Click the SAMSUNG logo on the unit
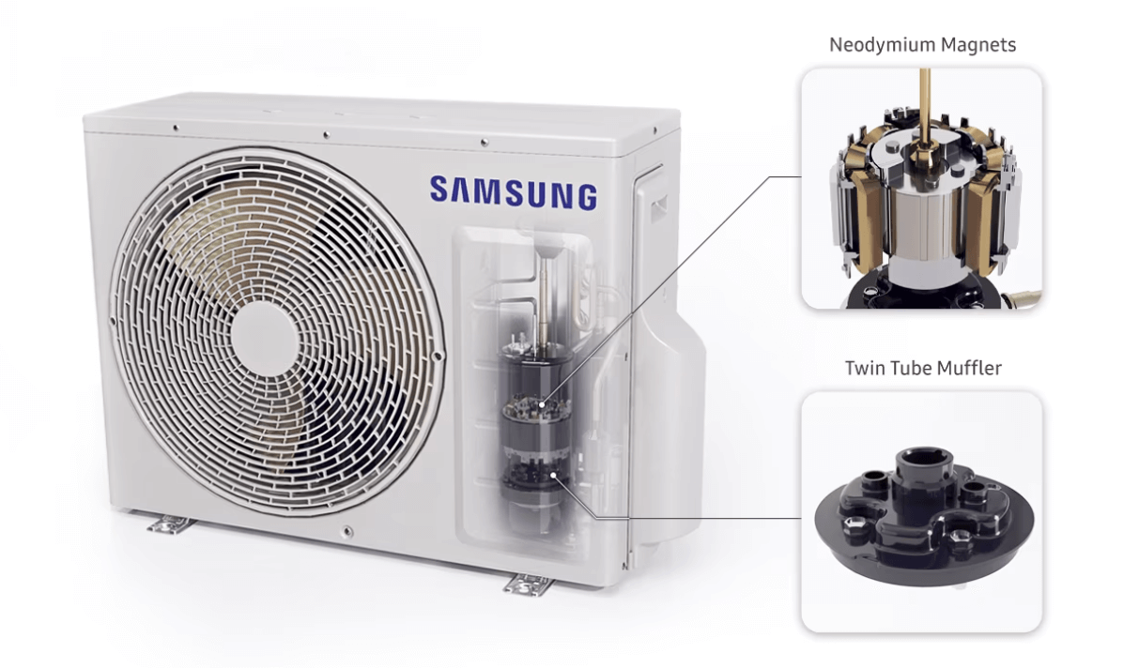[x=514, y=193]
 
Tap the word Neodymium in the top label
[x=883, y=45]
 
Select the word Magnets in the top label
[x=978, y=45]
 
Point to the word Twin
[x=863, y=368]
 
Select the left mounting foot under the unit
[x=171, y=524]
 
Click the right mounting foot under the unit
[x=528, y=584]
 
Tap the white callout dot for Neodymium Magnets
[x=542, y=405]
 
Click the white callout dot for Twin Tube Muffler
[x=553, y=476]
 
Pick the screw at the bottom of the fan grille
[x=347, y=532]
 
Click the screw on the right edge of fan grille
[x=438, y=357]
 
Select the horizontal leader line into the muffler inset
[x=699, y=519]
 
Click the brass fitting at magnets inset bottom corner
[x=1022, y=297]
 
